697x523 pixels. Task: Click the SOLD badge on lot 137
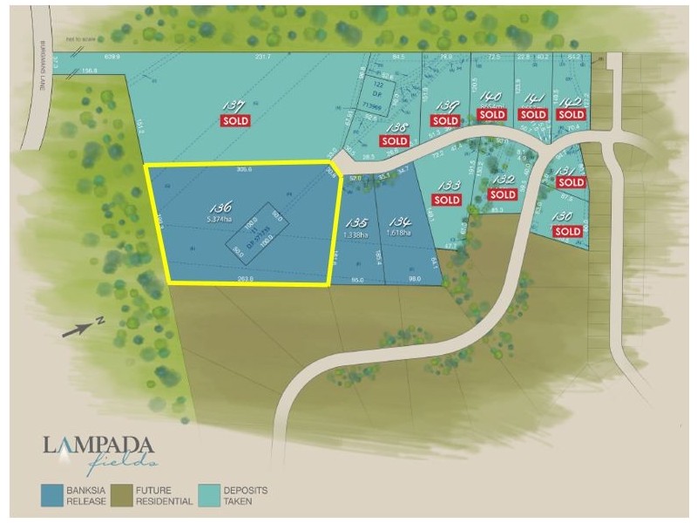[x=236, y=120]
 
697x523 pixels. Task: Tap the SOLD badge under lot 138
[x=394, y=140]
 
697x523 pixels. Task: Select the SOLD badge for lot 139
[x=445, y=120]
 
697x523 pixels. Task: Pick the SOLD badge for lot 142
[x=571, y=114]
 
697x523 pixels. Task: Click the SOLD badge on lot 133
[x=446, y=200]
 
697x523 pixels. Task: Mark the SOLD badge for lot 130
[x=567, y=231]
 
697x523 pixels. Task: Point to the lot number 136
[x=220, y=207]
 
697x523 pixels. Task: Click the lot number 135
[x=357, y=222]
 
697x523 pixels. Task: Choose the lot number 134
[x=400, y=222]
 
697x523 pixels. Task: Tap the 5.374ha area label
[x=219, y=220]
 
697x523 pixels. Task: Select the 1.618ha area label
[x=402, y=234]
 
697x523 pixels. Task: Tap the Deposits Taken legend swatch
[x=212, y=493]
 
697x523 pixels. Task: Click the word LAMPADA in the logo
[x=98, y=445]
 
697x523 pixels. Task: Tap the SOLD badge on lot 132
[x=503, y=195]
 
